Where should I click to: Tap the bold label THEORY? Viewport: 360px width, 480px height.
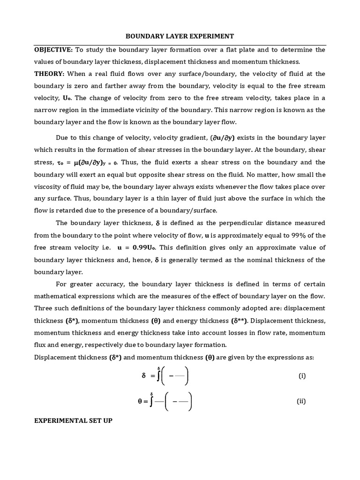(x=49, y=74)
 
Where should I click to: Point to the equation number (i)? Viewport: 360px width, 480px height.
(x=302, y=376)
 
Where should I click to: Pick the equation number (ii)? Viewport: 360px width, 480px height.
(x=301, y=401)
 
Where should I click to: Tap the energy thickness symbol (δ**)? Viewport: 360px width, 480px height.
(x=239, y=321)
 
